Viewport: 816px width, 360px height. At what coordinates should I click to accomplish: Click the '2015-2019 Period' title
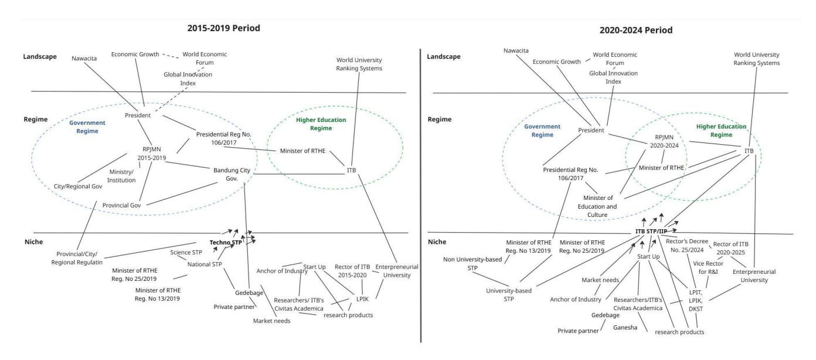[223, 28]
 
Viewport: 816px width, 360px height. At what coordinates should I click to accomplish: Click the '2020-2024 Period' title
[635, 30]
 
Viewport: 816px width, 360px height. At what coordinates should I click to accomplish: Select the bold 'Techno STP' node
[226, 242]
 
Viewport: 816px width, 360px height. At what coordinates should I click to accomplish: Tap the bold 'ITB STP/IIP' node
[651, 232]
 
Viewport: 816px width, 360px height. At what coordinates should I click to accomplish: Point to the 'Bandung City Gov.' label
[232, 174]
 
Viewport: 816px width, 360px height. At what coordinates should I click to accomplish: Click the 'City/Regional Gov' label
[78, 186]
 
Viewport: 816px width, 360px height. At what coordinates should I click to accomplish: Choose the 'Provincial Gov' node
[121, 205]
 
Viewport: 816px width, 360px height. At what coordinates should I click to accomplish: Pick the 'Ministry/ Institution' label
[121, 176]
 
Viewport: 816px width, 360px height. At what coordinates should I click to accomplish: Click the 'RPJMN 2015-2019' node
[152, 154]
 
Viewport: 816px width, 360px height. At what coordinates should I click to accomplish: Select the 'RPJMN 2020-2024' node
[664, 141]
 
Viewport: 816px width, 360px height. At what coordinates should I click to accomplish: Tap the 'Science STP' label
[186, 252]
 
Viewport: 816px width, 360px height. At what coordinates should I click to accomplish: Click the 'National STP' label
[205, 264]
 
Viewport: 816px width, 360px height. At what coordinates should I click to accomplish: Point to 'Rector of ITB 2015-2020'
[352, 271]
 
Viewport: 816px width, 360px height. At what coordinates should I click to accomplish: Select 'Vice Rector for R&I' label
[708, 267]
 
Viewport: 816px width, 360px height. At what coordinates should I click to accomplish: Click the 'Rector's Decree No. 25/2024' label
[686, 246]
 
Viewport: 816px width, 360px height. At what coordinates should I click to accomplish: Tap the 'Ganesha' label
[625, 327]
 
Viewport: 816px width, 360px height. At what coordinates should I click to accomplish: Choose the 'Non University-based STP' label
[472, 263]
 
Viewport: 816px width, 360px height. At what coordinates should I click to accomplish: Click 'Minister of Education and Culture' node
[597, 206]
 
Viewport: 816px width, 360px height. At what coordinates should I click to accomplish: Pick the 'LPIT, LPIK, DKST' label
[695, 301]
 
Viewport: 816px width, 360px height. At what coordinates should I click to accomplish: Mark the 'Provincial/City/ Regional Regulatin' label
[77, 258]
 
